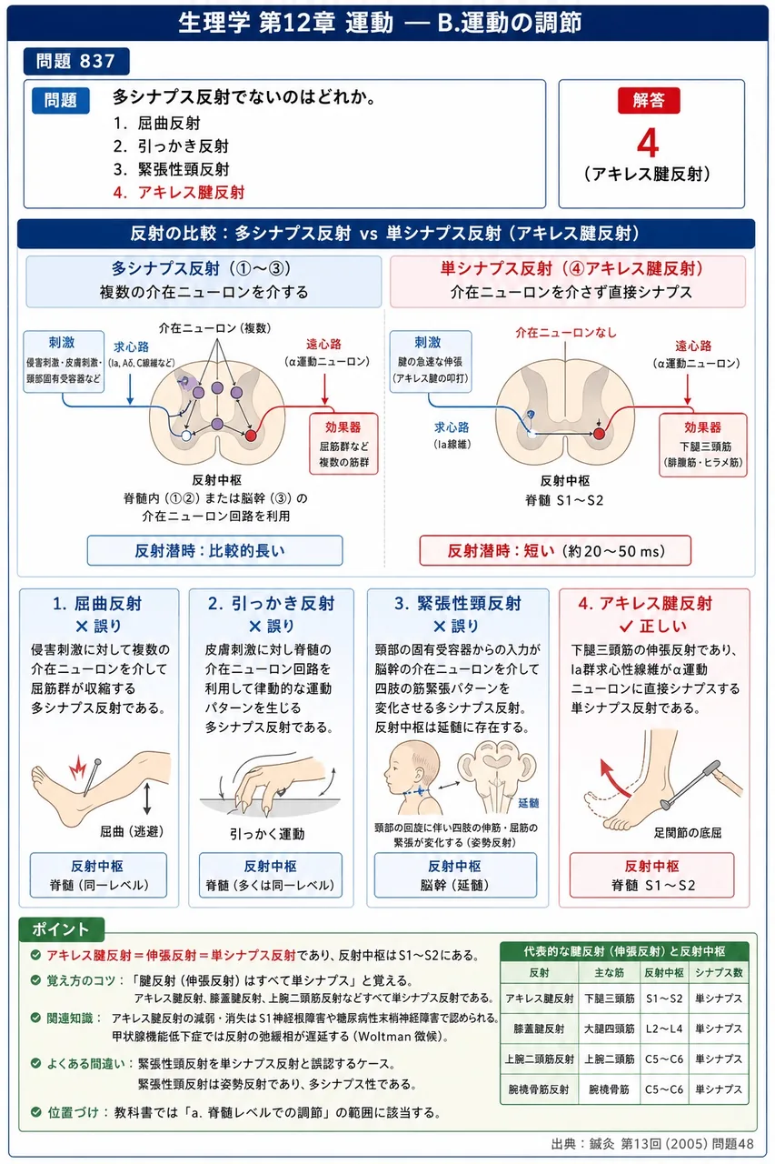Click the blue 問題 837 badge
[x=75, y=61]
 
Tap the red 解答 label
[x=649, y=100]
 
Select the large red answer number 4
[x=648, y=144]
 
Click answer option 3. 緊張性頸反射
[x=172, y=169]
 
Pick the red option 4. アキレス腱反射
[x=179, y=192]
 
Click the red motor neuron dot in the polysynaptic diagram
[x=251, y=436]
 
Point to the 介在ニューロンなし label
[x=565, y=333]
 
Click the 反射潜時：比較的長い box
[x=215, y=550]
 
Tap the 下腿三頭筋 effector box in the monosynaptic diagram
[x=703, y=445]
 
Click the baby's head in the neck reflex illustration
[x=412, y=765]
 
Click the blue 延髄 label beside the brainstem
[x=529, y=803]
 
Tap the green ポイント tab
[x=61, y=929]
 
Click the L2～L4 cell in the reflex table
[x=664, y=1029]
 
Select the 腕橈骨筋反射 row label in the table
[x=539, y=1089]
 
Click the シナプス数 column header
[x=719, y=973]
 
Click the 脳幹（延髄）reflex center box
[x=455, y=876]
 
